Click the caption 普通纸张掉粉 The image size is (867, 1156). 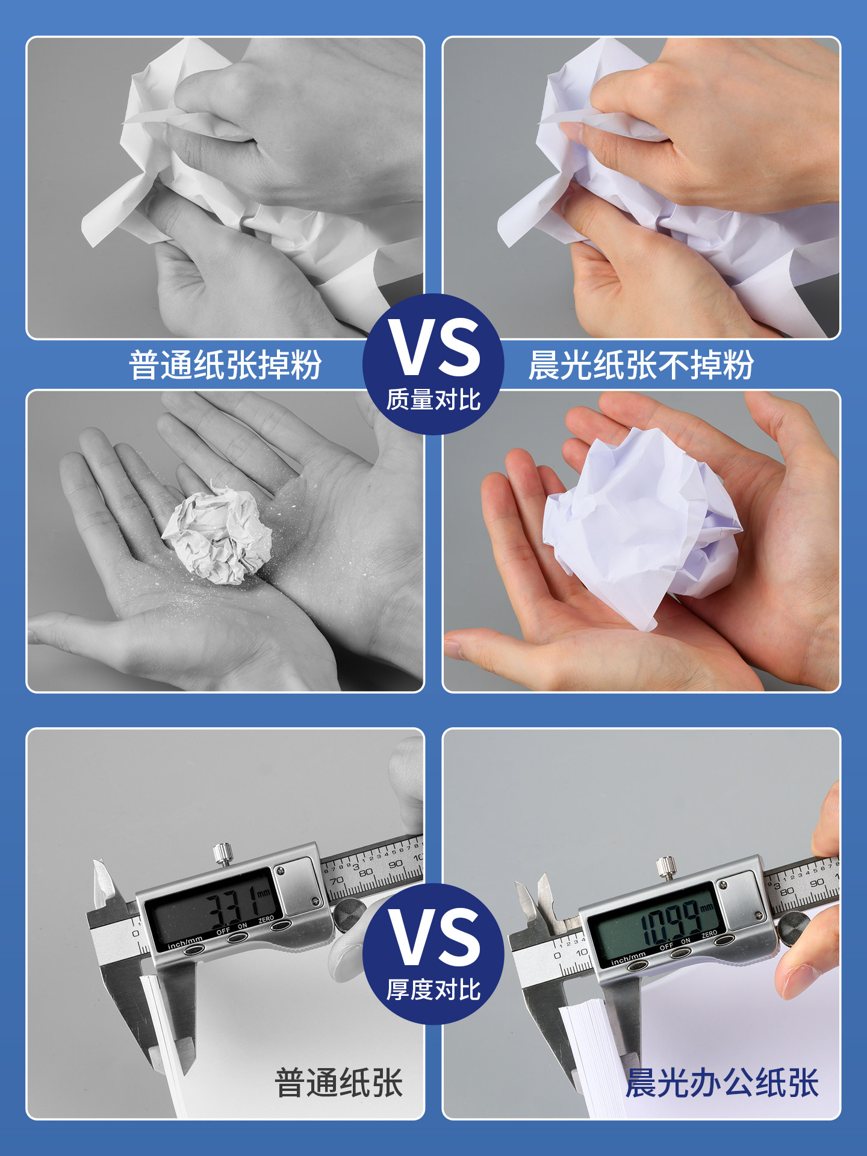(225, 365)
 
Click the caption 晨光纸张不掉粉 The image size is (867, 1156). (641, 365)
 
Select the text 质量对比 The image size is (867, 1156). (433, 400)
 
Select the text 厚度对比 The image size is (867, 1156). (433, 990)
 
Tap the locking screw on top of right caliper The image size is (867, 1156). (665, 867)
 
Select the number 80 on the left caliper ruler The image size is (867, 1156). (366, 872)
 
